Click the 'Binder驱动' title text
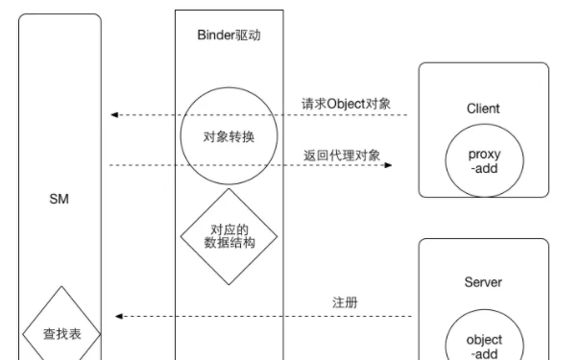pyautogui.click(x=230, y=36)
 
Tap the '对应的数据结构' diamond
pyautogui.click(x=230, y=236)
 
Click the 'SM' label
pyautogui.click(x=59, y=199)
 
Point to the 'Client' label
pyautogui.click(x=484, y=109)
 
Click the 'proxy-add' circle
pyautogui.click(x=484, y=161)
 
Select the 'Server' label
pyautogui.click(x=483, y=282)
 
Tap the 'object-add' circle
pyautogui.click(x=484, y=341)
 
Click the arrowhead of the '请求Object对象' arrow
pyautogui.click(x=114, y=115)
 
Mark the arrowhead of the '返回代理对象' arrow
pyautogui.click(x=389, y=165)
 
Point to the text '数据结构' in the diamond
pyautogui.click(x=230, y=244)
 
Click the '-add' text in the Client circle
pyautogui.click(x=484, y=169)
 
